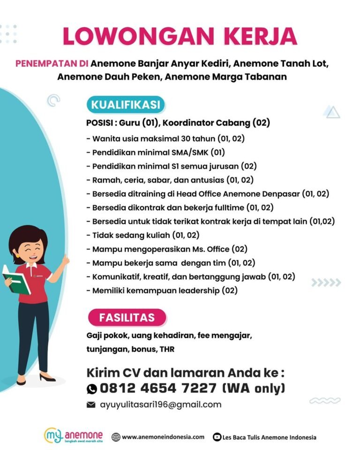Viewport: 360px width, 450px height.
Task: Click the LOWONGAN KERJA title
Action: (180, 37)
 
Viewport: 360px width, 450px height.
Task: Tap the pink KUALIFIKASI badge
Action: (125, 104)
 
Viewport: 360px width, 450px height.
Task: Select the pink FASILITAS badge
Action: (126, 317)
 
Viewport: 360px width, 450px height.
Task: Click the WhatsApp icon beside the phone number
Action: (92, 389)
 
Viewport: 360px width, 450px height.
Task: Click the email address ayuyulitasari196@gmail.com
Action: (160, 405)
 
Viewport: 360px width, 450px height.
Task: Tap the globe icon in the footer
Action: (116, 437)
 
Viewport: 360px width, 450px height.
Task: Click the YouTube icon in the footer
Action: (217, 437)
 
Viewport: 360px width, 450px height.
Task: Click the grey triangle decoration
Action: (332, 112)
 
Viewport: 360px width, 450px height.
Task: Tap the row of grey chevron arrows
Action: (326, 282)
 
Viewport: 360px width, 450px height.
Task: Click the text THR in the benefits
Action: (167, 349)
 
